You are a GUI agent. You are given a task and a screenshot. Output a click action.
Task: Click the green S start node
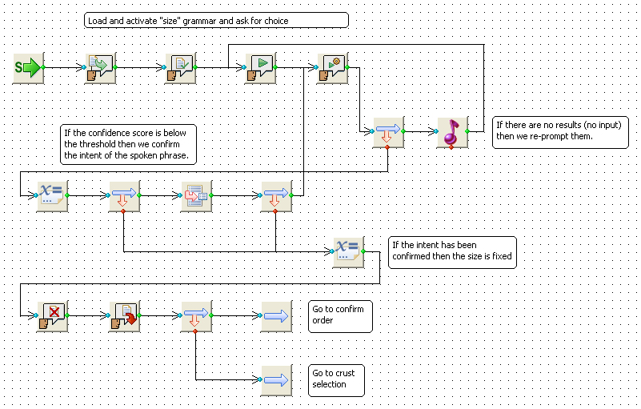(x=28, y=68)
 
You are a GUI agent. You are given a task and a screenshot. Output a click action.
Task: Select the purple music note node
(x=453, y=133)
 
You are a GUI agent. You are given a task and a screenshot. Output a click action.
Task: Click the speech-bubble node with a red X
(x=52, y=316)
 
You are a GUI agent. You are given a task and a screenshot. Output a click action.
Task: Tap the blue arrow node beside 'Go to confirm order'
(x=276, y=316)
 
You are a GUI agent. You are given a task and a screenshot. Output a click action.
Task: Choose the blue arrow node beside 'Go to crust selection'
(x=276, y=380)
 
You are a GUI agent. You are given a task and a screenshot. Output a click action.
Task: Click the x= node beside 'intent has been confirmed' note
(x=348, y=252)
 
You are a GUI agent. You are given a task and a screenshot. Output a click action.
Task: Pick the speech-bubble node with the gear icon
(x=332, y=68)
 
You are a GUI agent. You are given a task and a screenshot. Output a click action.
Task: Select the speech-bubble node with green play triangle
(x=260, y=68)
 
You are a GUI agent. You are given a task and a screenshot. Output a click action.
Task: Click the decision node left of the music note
(x=388, y=133)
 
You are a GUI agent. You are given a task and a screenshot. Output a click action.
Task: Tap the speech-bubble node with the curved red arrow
(x=124, y=316)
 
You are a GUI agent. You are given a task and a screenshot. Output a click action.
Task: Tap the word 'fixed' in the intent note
(x=502, y=256)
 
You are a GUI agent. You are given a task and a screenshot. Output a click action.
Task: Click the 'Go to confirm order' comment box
(x=340, y=317)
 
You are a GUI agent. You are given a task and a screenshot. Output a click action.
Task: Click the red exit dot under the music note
(x=451, y=147)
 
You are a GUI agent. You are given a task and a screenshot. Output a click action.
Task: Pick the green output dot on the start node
(x=43, y=67)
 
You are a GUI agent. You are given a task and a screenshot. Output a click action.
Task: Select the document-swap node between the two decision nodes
(x=196, y=196)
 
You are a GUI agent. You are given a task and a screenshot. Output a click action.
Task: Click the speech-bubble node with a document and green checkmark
(x=180, y=68)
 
